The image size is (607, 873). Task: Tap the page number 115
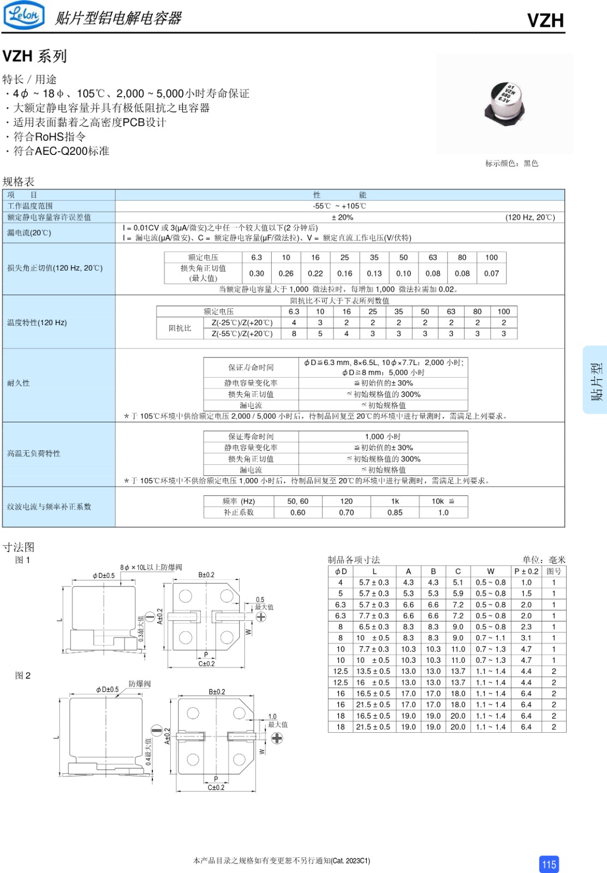pos(549,864)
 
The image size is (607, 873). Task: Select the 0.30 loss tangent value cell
pos(257,273)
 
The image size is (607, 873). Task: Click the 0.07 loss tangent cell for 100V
pos(491,273)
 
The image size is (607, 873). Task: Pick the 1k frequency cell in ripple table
pos(395,501)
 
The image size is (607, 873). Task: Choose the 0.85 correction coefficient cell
pos(395,512)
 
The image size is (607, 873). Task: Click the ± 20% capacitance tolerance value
pos(342,217)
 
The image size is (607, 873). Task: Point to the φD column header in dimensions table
pos(341,571)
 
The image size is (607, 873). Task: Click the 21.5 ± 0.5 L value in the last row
pos(373,727)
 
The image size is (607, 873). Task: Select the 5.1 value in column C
pos(457,582)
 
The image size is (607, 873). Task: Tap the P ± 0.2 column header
pos(526,571)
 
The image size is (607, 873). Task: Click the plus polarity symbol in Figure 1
pos(261,617)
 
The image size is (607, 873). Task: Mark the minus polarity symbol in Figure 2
pos(157,731)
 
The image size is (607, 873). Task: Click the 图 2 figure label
pos(23,675)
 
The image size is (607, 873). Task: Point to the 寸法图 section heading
pos(19,547)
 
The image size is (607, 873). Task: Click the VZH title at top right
pos(545,21)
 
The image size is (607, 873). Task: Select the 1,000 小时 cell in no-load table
pos(383,436)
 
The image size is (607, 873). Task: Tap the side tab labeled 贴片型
pos(597,380)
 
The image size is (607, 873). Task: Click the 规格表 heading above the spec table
pos(19,181)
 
